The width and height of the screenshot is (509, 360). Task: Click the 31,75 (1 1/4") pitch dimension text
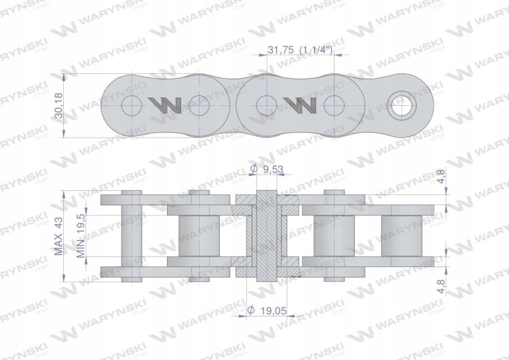point(300,50)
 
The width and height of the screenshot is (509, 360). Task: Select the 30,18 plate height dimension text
point(59,105)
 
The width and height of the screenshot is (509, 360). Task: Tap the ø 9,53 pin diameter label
point(267,169)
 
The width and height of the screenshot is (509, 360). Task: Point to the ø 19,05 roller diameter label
point(267,310)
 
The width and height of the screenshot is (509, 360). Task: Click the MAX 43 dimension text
point(59,236)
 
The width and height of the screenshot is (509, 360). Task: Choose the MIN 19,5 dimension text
point(81,236)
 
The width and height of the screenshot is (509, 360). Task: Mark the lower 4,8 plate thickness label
point(441,286)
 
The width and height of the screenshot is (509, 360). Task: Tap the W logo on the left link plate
point(165,105)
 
